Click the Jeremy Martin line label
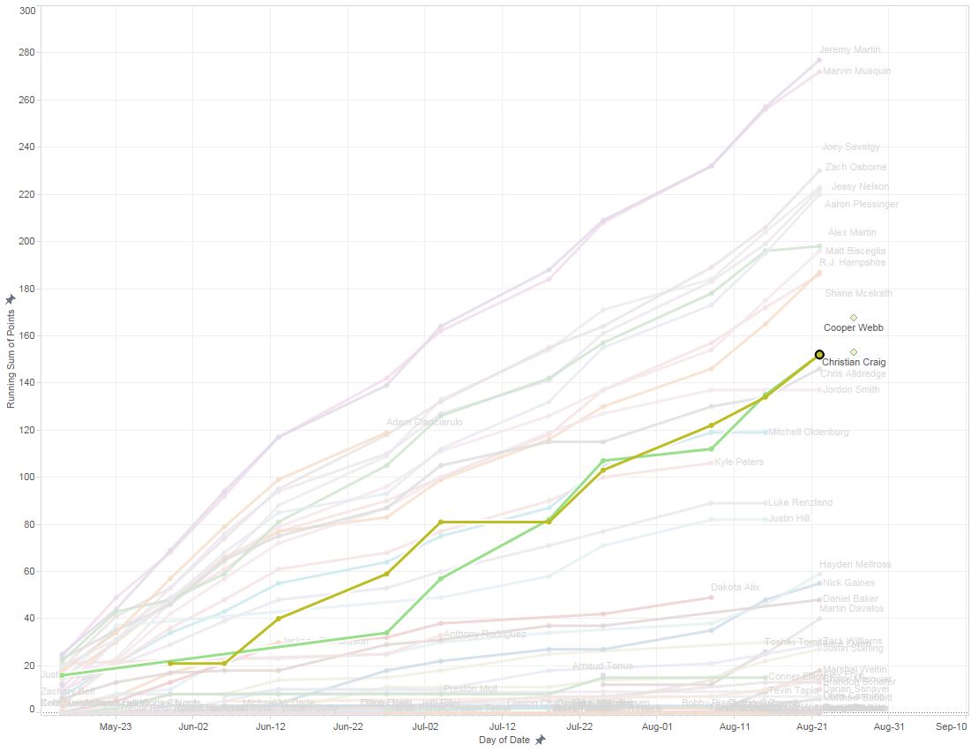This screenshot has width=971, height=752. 849,50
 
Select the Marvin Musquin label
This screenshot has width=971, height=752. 855,71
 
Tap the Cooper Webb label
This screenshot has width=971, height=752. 853,327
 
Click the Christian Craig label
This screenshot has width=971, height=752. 854,362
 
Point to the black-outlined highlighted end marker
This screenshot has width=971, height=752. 818,354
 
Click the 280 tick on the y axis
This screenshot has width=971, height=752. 26,52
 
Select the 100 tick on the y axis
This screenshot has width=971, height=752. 26,477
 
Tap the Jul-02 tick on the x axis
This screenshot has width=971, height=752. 425,726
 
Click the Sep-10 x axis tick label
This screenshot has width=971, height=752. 951,726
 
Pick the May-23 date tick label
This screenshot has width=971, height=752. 116,726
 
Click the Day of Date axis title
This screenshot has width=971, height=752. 504,740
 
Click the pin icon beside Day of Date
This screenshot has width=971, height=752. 540,740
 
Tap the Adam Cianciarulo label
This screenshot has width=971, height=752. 424,423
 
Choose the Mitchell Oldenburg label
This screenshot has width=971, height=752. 808,432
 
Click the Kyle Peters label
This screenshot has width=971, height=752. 739,462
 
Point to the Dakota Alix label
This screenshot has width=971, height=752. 735,587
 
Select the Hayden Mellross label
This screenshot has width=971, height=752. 855,564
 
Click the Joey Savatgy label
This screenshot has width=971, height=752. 850,147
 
